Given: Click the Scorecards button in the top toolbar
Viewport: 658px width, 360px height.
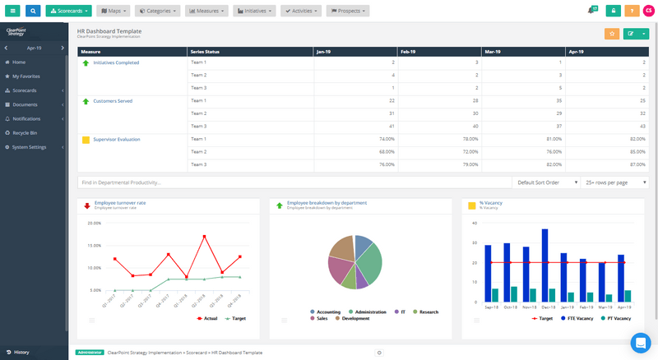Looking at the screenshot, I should (x=69, y=11).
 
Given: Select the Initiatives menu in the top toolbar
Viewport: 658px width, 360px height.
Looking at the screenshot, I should (x=254, y=11).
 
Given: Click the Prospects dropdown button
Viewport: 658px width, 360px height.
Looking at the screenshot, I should (x=347, y=11).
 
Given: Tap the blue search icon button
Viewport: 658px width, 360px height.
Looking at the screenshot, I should (x=33, y=11).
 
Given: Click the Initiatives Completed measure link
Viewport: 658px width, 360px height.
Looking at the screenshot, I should (x=116, y=62).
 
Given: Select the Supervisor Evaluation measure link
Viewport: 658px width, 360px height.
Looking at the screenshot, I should (x=116, y=140).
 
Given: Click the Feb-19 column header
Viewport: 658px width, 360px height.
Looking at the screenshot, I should (x=410, y=51).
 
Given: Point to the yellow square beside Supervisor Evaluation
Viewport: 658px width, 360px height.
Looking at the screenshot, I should (x=86, y=140).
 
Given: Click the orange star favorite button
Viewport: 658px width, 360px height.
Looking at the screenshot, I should (x=612, y=34).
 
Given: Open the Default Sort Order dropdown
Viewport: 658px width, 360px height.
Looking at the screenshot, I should (x=544, y=182).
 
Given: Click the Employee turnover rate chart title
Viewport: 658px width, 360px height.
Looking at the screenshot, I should (x=120, y=202).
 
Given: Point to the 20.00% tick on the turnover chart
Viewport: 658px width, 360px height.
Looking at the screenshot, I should (x=93, y=223).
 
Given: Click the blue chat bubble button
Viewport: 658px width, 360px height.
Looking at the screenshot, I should (x=640, y=342).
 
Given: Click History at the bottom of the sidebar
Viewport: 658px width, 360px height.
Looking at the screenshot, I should (x=21, y=352).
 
